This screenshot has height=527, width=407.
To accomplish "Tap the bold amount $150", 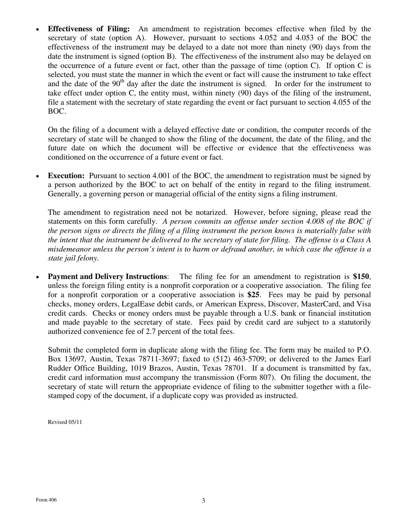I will click(x=361, y=277).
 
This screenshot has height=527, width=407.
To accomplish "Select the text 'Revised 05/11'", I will click(x=65, y=422).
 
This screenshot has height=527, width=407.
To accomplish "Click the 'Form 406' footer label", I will click(x=46, y=500).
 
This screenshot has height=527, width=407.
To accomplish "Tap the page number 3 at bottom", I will click(x=203, y=500).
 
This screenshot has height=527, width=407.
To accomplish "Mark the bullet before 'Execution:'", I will click(x=38, y=177).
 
